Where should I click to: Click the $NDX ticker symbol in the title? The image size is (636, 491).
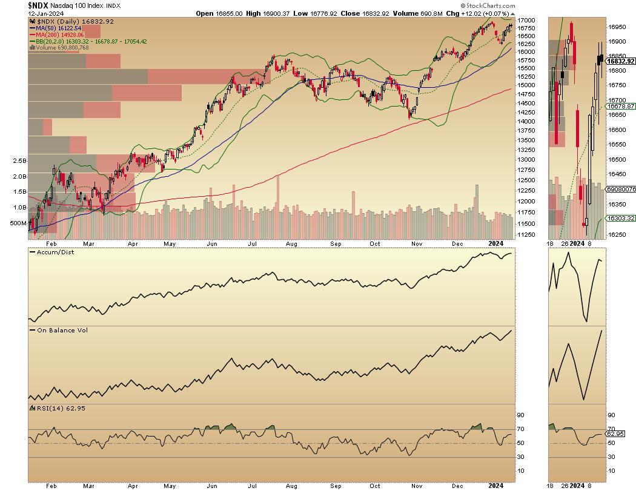[x=38, y=5]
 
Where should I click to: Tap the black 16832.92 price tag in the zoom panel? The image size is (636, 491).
[x=621, y=61]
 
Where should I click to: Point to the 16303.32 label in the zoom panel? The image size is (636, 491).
[x=621, y=219]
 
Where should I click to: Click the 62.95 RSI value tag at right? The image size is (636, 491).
[x=617, y=434]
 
